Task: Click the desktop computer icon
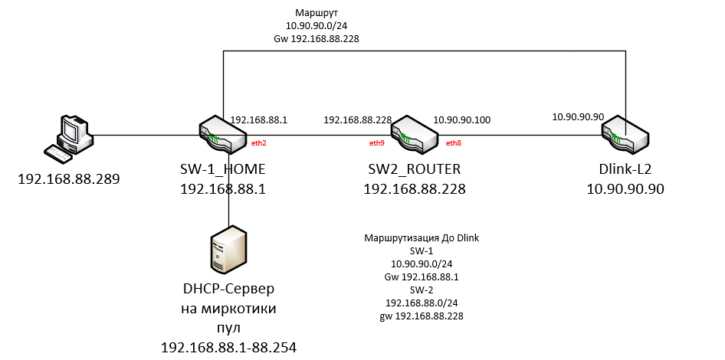coord(67,139)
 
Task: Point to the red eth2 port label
coord(259,143)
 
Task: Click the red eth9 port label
coord(377,143)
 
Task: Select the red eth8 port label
coord(454,143)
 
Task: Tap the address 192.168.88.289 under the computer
coord(68,178)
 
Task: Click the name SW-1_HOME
coord(223,169)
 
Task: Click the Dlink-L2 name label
coord(625,169)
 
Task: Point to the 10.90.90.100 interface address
coord(462,120)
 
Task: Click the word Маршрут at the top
coord(317,12)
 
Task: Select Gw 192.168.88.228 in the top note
coord(317,39)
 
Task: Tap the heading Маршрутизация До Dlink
coord(422,238)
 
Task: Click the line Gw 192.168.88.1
coord(422,277)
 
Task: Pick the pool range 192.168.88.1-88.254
coord(228,347)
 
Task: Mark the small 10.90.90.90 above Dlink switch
coord(578,117)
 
